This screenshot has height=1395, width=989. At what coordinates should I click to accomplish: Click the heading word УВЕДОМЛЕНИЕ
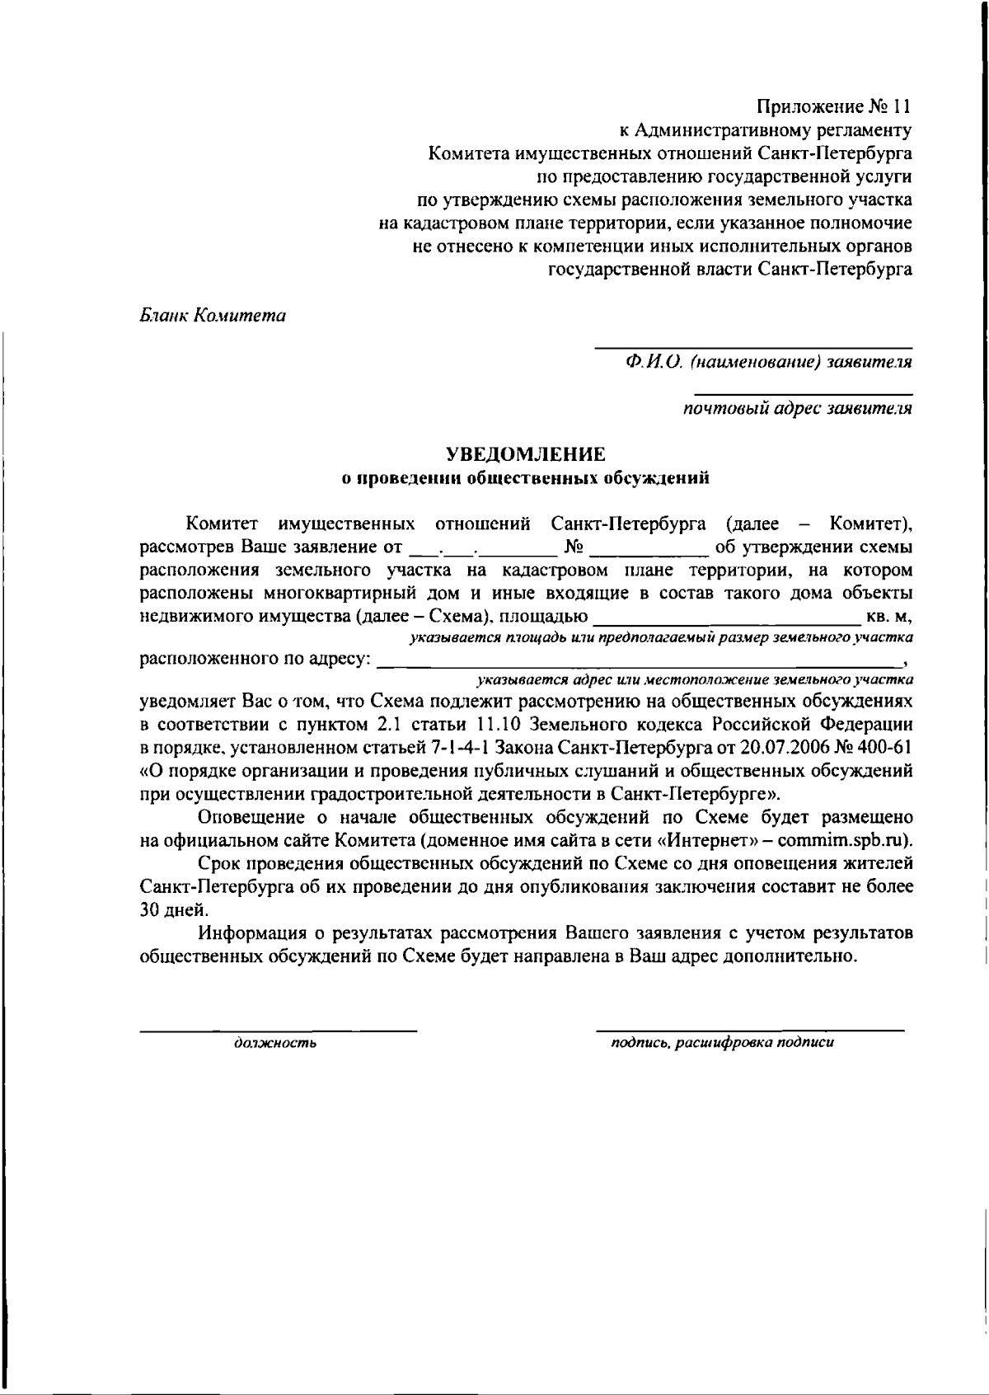tap(526, 453)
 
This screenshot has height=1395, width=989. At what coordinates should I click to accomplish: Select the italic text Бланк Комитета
tap(212, 316)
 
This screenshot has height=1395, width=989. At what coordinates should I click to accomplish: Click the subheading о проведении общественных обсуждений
tap(526, 477)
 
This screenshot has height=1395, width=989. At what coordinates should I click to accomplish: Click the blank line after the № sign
tap(649, 547)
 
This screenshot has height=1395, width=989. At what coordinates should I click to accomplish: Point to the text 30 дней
tap(175, 910)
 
